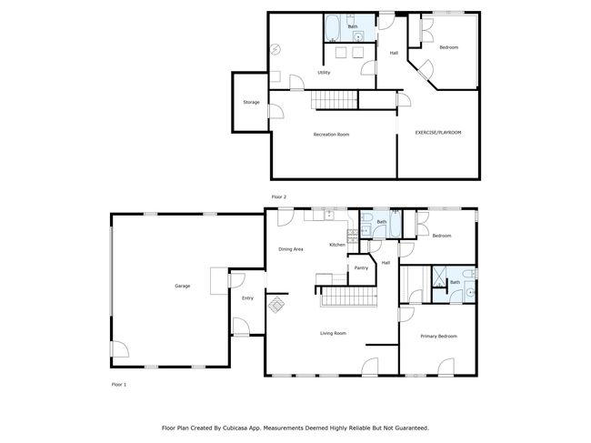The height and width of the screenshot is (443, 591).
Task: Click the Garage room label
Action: [x=183, y=287]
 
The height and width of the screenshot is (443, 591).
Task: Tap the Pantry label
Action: [x=361, y=268]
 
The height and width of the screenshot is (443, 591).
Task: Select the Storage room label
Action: [x=251, y=102]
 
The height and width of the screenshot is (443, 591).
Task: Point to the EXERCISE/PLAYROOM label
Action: [x=438, y=133]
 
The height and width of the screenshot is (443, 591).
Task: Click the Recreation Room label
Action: [x=331, y=135]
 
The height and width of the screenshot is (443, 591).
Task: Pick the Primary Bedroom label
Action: [x=439, y=337]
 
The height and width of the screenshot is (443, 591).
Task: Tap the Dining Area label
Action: [x=291, y=249]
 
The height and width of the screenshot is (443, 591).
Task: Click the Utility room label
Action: [x=324, y=73]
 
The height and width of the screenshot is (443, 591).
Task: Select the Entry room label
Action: [x=247, y=298]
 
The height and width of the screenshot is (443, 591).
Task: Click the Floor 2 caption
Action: [x=279, y=197]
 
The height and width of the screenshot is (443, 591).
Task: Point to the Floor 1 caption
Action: [x=119, y=385]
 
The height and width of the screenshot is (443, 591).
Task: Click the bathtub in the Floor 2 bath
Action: [x=333, y=28]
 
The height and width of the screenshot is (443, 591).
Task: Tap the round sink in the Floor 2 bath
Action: [x=358, y=37]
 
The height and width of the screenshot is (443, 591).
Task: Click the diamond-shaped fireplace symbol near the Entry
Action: [x=276, y=305]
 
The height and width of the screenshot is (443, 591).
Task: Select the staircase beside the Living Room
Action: [x=349, y=297]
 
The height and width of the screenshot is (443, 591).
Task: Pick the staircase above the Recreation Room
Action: [x=334, y=99]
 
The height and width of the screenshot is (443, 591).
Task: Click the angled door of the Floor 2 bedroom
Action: [x=426, y=70]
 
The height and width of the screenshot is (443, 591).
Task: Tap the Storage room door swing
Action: [x=276, y=112]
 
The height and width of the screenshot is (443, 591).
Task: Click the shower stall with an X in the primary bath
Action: [x=439, y=277]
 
